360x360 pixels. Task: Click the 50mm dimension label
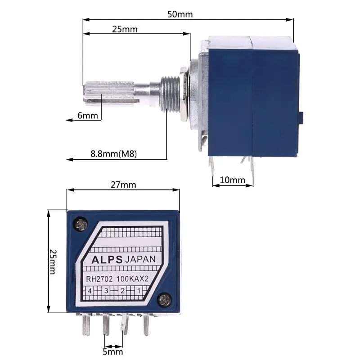click(x=180, y=14)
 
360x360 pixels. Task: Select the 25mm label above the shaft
click(x=125, y=29)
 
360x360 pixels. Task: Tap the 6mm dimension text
click(x=87, y=116)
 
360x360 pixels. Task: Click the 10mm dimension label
click(x=232, y=180)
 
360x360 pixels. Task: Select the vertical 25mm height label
click(x=53, y=261)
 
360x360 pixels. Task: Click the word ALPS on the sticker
click(x=107, y=260)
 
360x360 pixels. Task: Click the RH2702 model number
click(x=99, y=279)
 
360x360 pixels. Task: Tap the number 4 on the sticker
click(x=90, y=291)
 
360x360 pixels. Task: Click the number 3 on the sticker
click(x=107, y=291)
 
